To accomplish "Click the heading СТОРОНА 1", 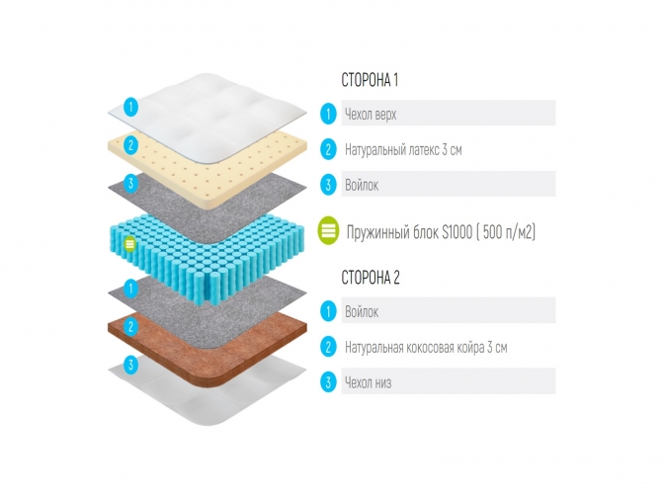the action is click(x=370, y=80).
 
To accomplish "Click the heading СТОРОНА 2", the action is click(x=371, y=278).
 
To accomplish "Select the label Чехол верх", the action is click(x=371, y=115).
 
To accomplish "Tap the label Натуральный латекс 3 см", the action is click(x=403, y=150).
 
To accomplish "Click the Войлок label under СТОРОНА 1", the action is click(x=362, y=185).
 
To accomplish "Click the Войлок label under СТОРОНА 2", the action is click(x=362, y=312).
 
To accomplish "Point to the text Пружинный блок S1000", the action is click(x=409, y=232).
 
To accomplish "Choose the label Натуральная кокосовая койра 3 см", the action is click(x=426, y=348).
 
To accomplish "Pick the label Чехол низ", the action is click(x=368, y=382).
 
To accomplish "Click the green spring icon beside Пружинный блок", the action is click(x=329, y=231).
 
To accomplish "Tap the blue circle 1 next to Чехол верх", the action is click(x=328, y=114).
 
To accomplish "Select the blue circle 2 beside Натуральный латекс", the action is click(x=328, y=149).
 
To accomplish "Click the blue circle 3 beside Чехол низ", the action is click(x=328, y=382).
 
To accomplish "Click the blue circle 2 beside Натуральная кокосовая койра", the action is click(x=328, y=347).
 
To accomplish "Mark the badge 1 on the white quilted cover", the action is click(x=130, y=107).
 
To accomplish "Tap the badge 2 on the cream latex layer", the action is click(x=130, y=145).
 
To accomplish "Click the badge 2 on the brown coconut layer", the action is click(x=130, y=326).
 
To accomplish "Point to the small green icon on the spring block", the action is click(x=130, y=244).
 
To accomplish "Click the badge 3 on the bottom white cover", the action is click(x=130, y=365).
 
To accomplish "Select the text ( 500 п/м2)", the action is click(x=506, y=232).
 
